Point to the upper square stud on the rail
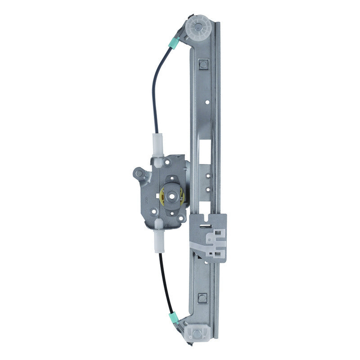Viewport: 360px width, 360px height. coord(203,64)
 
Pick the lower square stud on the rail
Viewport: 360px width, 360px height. coord(202,298)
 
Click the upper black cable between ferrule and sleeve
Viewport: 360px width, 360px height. coord(154,90)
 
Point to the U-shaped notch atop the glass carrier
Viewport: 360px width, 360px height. coord(207,220)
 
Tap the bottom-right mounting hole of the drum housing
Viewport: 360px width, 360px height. coord(181,219)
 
